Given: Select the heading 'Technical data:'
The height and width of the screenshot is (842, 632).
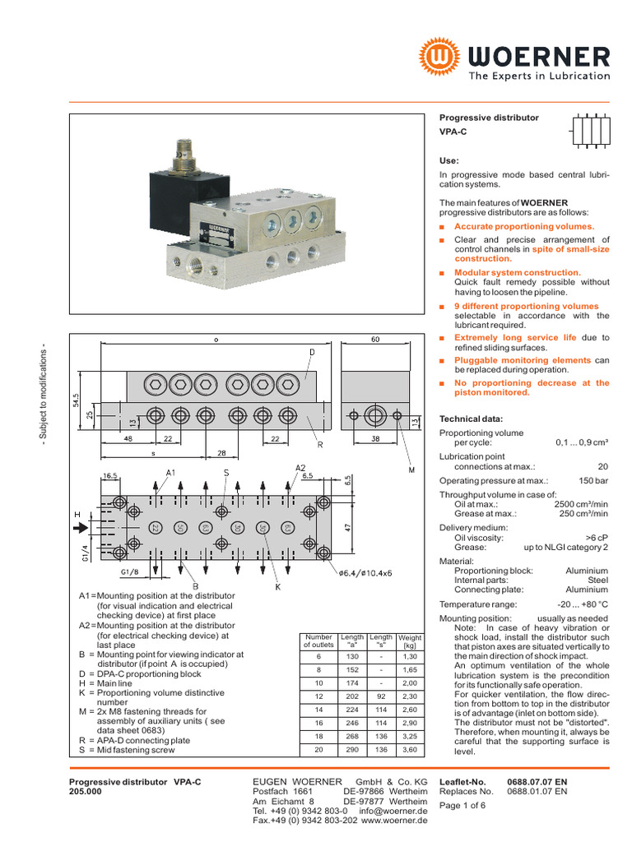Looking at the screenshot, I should (x=471, y=419).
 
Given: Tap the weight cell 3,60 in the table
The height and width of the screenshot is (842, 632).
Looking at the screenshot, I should (x=409, y=749).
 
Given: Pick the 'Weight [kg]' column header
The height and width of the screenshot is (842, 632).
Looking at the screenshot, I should (x=409, y=641).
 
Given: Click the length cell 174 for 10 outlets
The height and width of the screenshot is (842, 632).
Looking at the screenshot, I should (x=352, y=683).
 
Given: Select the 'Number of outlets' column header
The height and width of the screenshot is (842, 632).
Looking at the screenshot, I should (x=318, y=641).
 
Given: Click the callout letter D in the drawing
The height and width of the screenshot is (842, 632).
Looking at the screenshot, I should (x=313, y=353).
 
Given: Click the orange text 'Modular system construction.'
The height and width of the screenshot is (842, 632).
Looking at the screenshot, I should (x=518, y=272).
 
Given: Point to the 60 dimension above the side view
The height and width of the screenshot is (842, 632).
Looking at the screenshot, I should (x=375, y=339).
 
